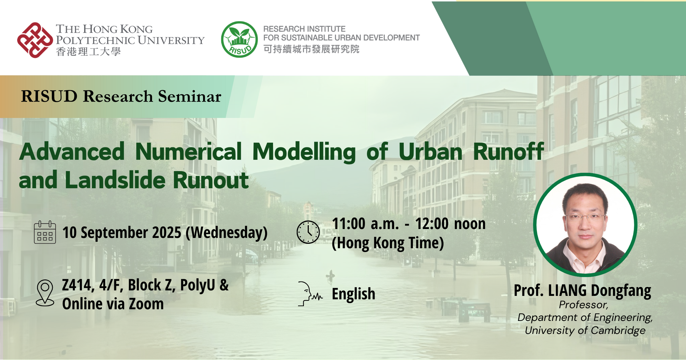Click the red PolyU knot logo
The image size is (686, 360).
(35, 40)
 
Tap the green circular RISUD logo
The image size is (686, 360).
(239, 39)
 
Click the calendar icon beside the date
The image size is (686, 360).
(45, 232)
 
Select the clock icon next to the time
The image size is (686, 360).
(308, 232)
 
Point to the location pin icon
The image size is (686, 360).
(45, 292)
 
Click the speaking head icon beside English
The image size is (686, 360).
(310, 294)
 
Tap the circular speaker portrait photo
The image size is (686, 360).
(585, 225)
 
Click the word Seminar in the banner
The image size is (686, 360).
(190, 96)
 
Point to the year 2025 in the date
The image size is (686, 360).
(166, 232)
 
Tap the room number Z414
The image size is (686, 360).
(76, 285)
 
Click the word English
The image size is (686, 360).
(354, 294)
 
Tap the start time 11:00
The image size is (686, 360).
(348, 224)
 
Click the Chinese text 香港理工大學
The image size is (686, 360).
(88, 52)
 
